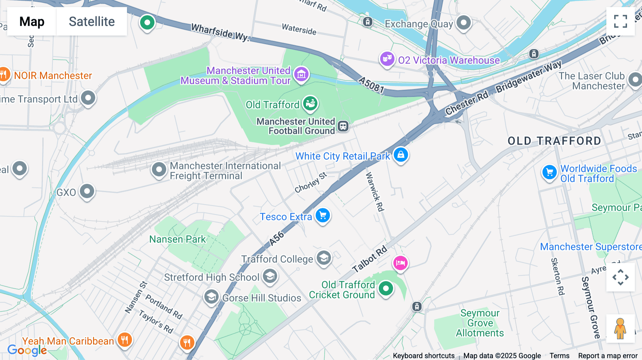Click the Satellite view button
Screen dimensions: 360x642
pos(92,21)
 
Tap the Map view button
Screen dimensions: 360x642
pos(32,21)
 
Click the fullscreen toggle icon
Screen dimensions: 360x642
pos(620,21)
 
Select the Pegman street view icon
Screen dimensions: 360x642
pos(620,329)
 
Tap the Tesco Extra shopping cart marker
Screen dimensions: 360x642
pos(323,216)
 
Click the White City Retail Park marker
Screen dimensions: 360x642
pos(401,155)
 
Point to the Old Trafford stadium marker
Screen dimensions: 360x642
pos(310,104)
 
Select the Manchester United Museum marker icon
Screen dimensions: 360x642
pos(301,74)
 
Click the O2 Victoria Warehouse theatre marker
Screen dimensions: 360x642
pos(387,58)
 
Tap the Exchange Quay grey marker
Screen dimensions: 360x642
pos(464,23)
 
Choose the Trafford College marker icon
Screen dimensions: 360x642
pos(324,258)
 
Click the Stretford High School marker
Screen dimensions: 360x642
pos(270,276)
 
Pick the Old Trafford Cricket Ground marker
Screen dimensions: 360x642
pos(386,288)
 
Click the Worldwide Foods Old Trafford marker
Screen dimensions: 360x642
pos(549,173)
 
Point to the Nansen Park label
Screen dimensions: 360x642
pos(177,239)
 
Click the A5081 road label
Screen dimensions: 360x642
pos(371,85)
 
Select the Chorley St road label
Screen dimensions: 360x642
pos(310,182)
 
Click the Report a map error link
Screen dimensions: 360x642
pos(607,355)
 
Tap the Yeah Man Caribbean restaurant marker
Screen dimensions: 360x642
pos(124,340)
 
